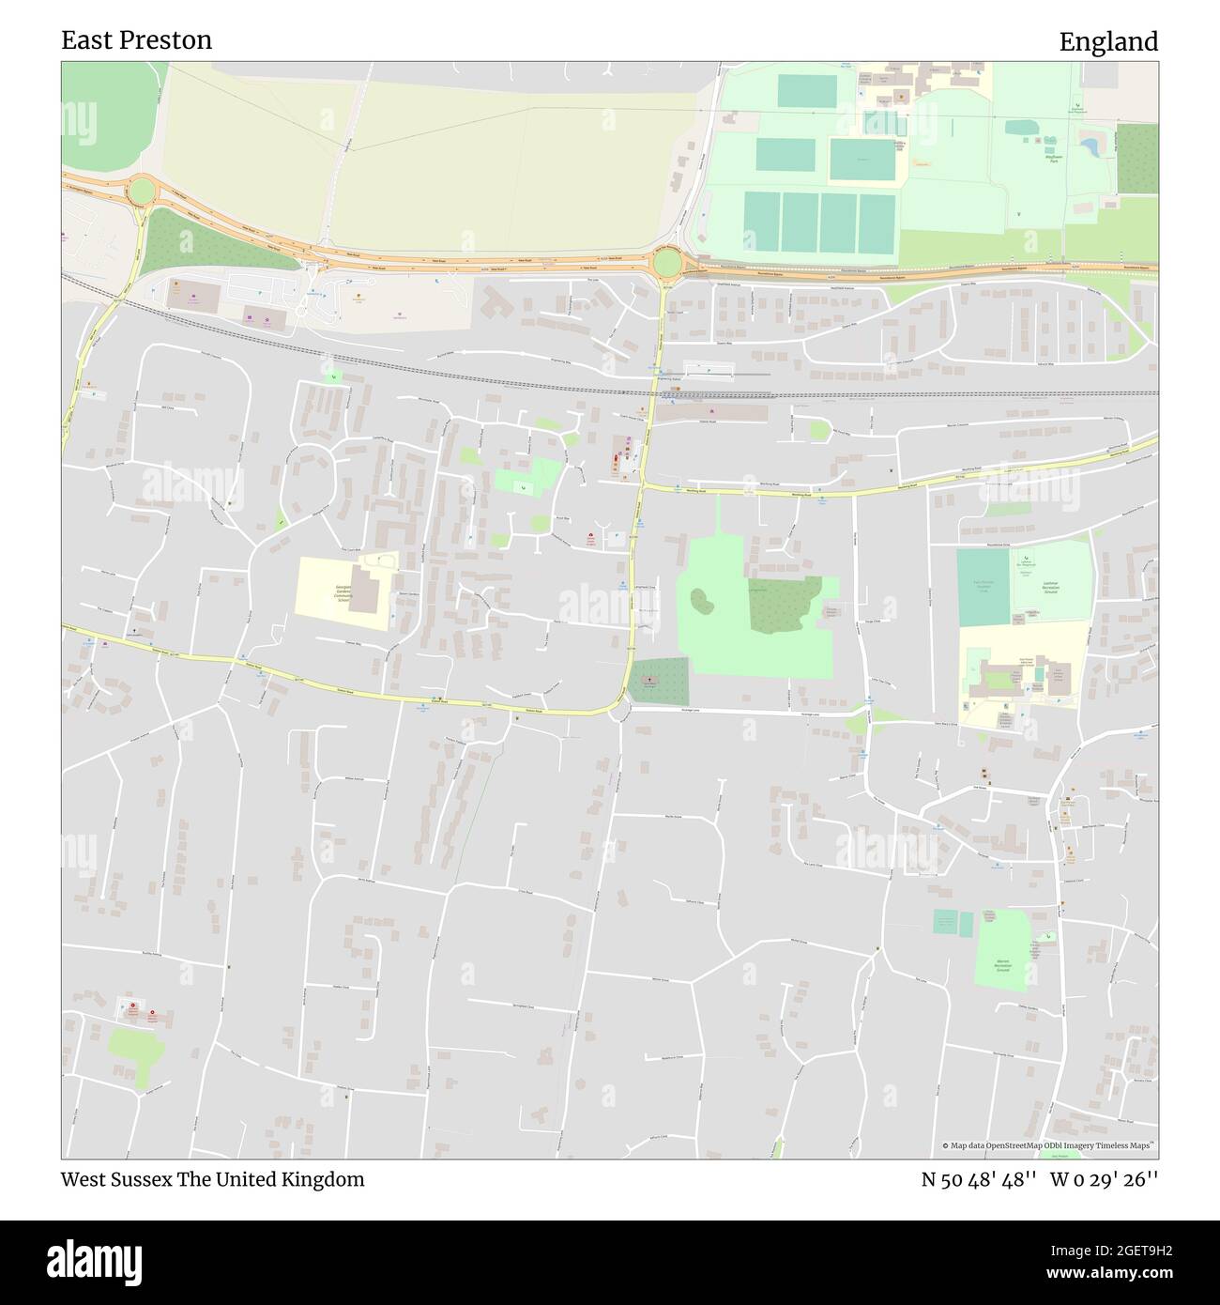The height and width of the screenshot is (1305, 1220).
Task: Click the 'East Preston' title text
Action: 137,40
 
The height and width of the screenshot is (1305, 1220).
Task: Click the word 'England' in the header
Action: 1108,42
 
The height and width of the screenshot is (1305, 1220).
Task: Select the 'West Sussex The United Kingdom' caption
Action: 213,1179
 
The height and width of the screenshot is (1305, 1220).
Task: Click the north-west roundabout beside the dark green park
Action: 142,192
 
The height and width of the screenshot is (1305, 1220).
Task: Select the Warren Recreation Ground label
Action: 1002,965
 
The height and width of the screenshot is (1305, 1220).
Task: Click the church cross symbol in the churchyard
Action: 648,677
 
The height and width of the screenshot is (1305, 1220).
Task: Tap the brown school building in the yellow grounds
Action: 363,589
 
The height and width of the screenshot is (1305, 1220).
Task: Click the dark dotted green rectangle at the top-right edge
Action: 1136,158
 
